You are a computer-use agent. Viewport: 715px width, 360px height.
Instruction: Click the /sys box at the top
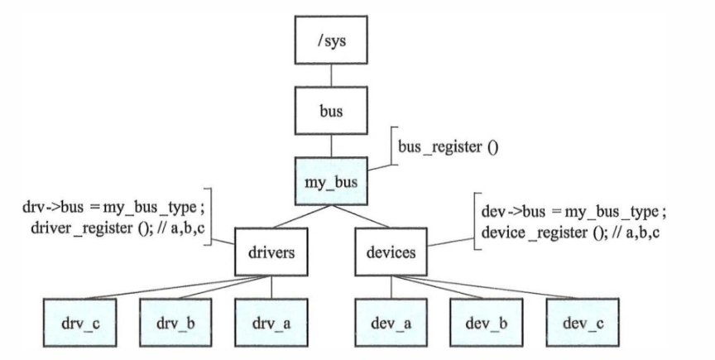point(332,40)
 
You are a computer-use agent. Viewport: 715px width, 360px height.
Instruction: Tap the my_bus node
point(332,180)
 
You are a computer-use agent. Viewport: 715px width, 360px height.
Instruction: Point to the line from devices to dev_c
point(497,286)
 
